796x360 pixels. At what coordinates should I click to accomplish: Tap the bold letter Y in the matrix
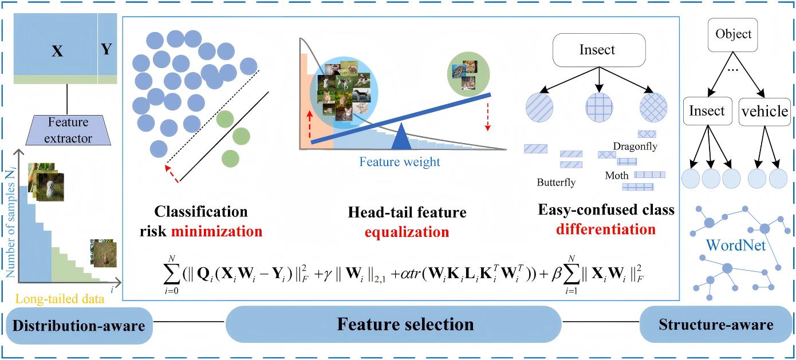(107, 50)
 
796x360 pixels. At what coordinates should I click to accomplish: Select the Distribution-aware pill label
(78, 326)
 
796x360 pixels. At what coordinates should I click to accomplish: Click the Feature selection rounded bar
(405, 325)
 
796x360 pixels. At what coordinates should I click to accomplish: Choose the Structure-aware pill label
(716, 325)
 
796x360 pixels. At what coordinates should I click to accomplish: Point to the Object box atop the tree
(733, 34)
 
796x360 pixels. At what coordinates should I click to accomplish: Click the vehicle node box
(765, 110)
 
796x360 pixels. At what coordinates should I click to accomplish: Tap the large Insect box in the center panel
(597, 50)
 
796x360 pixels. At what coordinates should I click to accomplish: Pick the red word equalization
(408, 232)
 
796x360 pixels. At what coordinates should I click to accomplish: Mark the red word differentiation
(606, 230)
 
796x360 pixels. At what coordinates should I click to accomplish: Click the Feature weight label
(400, 162)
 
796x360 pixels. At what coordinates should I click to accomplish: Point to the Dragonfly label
(635, 147)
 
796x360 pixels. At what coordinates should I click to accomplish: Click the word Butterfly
(556, 183)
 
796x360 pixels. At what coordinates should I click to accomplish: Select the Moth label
(617, 176)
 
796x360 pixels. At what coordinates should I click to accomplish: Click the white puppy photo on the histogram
(49, 184)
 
